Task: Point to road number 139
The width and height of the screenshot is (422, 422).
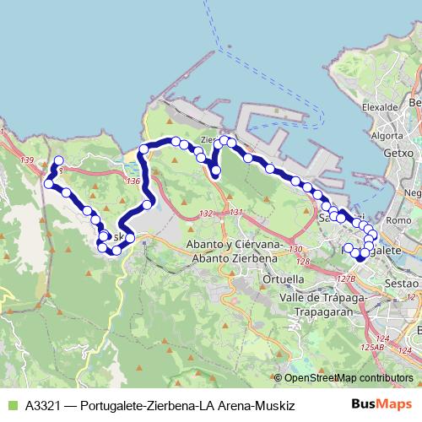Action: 28,160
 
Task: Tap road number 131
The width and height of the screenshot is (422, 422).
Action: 235,211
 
